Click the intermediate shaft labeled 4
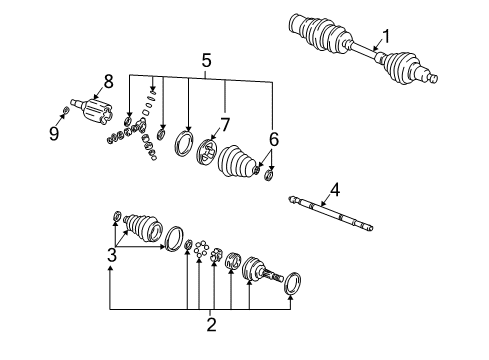tap(330, 214)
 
